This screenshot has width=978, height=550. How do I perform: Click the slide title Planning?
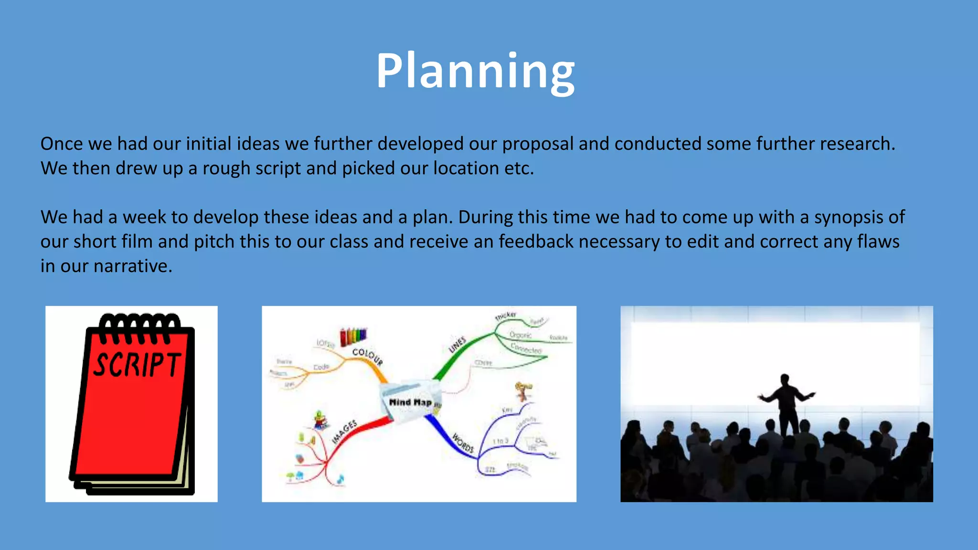coord(475,72)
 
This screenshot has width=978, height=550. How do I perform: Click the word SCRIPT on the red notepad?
coord(137,364)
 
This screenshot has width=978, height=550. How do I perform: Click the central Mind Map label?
coord(410,402)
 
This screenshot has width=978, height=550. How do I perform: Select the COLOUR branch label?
coord(367,357)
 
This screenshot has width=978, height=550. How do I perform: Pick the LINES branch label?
coord(457,345)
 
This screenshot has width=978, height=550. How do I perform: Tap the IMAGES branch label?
coord(344,432)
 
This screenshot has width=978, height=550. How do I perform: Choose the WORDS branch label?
coord(462,443)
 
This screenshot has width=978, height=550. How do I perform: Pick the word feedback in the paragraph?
coord(536,242)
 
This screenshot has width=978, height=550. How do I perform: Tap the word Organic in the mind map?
coord(521,335)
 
